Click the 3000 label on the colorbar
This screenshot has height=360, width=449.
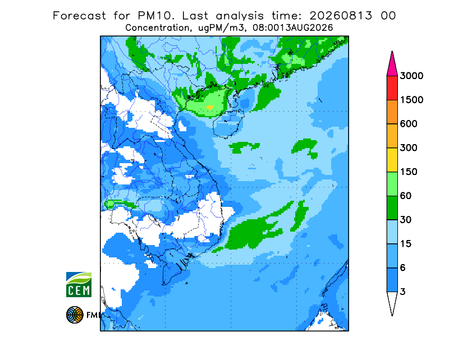click(x=411, y=76)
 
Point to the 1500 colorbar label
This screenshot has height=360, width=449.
click(x=411, y=100)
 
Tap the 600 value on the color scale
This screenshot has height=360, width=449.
click(x=409, y=124)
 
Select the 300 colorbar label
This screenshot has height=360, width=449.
click(x=409, y=148)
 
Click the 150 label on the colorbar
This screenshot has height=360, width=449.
click(x=409, y=172)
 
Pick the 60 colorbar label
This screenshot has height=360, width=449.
click(x=406, y=196)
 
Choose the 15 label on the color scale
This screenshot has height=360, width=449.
click(x=406, y=244)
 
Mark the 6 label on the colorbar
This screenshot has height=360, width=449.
click(x=403, y=268)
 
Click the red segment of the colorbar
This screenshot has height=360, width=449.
click(x=392, y=88)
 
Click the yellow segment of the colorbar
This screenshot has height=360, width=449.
click(x=392, y=160)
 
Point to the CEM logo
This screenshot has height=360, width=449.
click(x=79, y=284)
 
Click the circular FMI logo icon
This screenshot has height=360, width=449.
click(x=75, y=315)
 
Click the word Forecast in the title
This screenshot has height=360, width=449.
click(x=79, y=16)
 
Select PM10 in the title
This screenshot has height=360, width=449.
click(x=155, y=16)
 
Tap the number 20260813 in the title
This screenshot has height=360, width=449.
click(x=341, y=16)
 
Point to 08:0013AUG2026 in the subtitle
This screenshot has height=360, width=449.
click(x=292, y=28)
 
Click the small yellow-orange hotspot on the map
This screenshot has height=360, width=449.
click(x=210, y=107)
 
